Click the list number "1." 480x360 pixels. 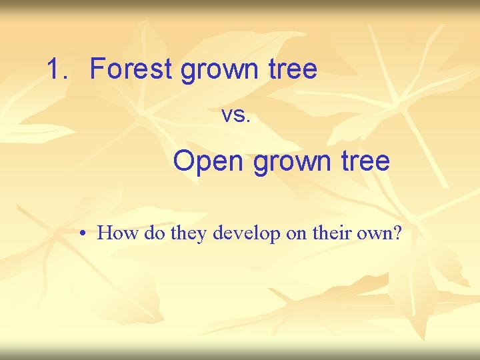[x=59, y=69]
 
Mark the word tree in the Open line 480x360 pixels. [x=365, y=161]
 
